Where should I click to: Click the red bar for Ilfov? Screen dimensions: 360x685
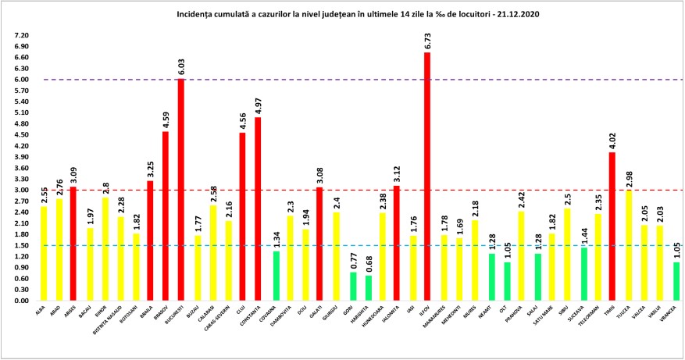pyautogui.click(x=427, y=176)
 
